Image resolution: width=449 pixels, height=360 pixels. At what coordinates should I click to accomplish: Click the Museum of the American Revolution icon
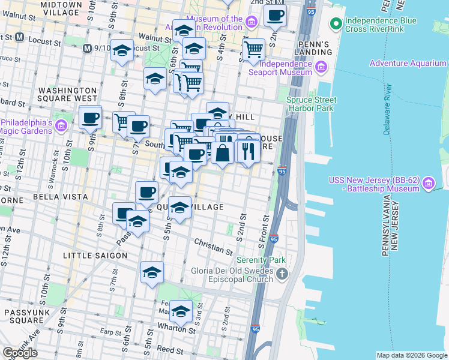[252, 23]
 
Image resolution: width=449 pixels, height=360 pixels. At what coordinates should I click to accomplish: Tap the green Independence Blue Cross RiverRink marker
[335, 25]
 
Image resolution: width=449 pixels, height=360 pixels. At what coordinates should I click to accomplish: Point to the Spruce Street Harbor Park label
[318, 104]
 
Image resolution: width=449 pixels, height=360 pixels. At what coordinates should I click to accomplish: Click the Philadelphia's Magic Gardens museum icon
[61, 126]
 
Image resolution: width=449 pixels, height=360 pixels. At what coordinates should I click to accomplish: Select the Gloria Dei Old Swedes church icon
[283, 274]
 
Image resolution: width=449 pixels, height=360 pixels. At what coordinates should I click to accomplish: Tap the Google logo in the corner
[20, 353]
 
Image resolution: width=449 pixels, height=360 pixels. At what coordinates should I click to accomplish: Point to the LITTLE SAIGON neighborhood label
[95, 256]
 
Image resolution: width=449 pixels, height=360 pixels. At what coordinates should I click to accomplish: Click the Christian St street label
[212, 246]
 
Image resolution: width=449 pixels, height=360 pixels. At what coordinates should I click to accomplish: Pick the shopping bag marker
[222, 152]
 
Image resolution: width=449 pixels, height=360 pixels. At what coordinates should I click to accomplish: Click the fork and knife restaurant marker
[249, 152]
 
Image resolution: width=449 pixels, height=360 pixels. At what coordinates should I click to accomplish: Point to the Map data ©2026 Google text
[411, 355]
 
